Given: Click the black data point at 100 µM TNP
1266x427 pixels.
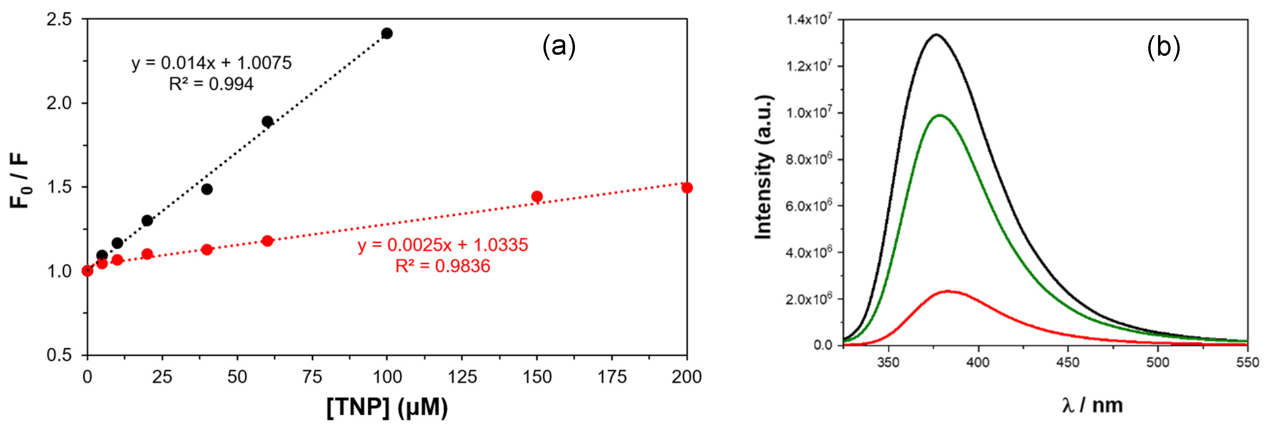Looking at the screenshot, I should point(387,33).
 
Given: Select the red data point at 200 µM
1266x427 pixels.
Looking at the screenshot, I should point(687,188).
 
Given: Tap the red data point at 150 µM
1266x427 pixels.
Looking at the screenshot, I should point(537,197).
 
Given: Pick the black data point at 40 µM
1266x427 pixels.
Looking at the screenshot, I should point(207,189).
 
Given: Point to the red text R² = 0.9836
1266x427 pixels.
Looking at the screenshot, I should point(442,266).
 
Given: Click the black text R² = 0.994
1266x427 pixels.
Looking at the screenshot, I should point(211,84).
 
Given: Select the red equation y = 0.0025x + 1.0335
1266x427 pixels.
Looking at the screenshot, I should point(442,245).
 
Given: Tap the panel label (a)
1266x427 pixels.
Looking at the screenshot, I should point(558,47).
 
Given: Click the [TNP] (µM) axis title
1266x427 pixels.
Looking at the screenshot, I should point(387,407).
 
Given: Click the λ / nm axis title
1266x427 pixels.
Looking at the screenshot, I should point(1092,405).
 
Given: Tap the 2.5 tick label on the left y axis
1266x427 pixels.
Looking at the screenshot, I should point(59,20).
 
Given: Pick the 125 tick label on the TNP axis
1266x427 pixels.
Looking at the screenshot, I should point(462,377).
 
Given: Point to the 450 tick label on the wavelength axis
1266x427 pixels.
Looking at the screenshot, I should point(1067,363).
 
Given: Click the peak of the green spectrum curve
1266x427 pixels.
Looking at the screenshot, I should point(940,115).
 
